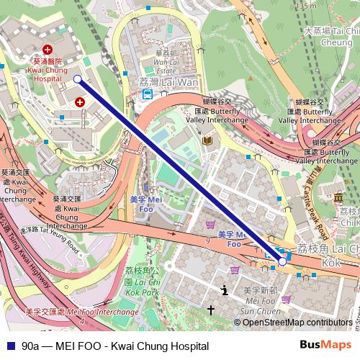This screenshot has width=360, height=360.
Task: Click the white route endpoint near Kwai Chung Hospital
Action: coord(78,79)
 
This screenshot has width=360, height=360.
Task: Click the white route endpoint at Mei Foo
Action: coord(282,262)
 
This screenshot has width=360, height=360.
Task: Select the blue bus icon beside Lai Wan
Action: coord(146,94)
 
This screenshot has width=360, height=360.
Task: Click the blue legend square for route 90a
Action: coord(9,346)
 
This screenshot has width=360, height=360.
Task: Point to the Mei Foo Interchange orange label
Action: coord(81,312)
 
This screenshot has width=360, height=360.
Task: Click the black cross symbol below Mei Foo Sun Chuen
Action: coord(211,310)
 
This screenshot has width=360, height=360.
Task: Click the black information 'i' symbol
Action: coord(225,290)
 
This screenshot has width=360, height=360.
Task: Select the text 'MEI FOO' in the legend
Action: coord(65,346)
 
